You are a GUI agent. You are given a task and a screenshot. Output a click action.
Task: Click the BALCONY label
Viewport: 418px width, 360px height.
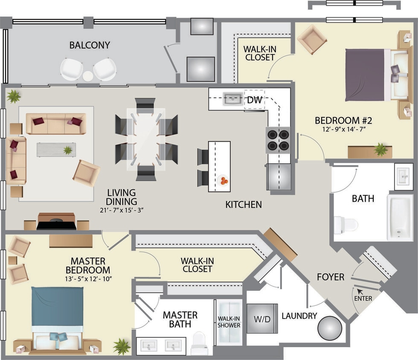90,45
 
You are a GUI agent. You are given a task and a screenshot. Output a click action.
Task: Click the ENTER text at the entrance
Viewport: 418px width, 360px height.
363,298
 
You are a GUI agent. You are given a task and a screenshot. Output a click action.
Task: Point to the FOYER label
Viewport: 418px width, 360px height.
331,277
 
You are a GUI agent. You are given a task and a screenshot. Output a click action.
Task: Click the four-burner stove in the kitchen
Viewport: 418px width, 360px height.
278,140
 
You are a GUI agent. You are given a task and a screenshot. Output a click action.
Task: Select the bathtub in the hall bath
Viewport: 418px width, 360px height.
400,218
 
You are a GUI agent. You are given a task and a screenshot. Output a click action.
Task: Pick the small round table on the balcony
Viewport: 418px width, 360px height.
88,76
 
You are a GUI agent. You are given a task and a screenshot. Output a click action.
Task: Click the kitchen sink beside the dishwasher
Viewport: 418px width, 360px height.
232,99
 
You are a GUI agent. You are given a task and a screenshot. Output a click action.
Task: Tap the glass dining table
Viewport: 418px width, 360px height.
146,139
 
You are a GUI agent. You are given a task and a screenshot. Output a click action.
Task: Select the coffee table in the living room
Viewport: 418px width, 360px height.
56,149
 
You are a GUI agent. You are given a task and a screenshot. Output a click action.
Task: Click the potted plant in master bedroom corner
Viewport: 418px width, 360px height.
122,346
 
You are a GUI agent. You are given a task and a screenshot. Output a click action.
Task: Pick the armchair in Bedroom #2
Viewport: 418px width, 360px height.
312,39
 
